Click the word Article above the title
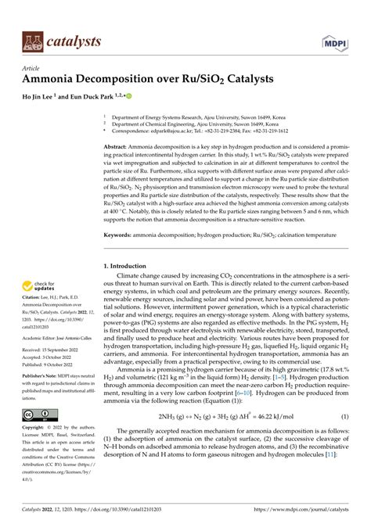pos(30,68)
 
